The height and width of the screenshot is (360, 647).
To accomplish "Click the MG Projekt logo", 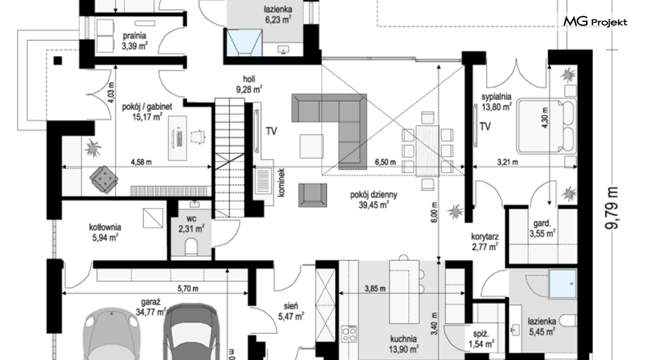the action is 595,21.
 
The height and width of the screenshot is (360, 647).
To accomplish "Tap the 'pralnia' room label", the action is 134,36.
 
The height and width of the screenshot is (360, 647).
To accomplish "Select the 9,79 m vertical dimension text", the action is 612,207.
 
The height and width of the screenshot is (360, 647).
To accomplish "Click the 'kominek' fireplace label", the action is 281,182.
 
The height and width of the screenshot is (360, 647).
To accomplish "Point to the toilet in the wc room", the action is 192,247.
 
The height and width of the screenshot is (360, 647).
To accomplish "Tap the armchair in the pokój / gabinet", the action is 104,179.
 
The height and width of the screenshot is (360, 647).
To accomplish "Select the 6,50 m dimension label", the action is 385,162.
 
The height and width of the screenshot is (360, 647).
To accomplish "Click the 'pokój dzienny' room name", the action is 374,195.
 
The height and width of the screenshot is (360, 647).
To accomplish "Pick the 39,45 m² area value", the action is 374,204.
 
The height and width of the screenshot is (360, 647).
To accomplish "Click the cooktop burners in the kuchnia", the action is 350,334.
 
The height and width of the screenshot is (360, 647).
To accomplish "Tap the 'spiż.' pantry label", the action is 481,334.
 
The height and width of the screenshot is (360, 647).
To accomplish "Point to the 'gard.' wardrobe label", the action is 542,223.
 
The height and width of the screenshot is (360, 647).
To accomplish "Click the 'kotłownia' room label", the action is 105,227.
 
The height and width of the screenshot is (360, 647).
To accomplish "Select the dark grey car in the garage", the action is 190,332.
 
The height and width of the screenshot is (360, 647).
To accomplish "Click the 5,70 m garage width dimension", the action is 188,289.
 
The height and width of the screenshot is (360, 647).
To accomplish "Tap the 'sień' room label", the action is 291,306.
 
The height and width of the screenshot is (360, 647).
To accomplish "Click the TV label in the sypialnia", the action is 485,126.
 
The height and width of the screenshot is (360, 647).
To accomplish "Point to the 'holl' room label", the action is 249,79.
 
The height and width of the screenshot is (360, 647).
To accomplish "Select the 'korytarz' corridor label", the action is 485,237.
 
